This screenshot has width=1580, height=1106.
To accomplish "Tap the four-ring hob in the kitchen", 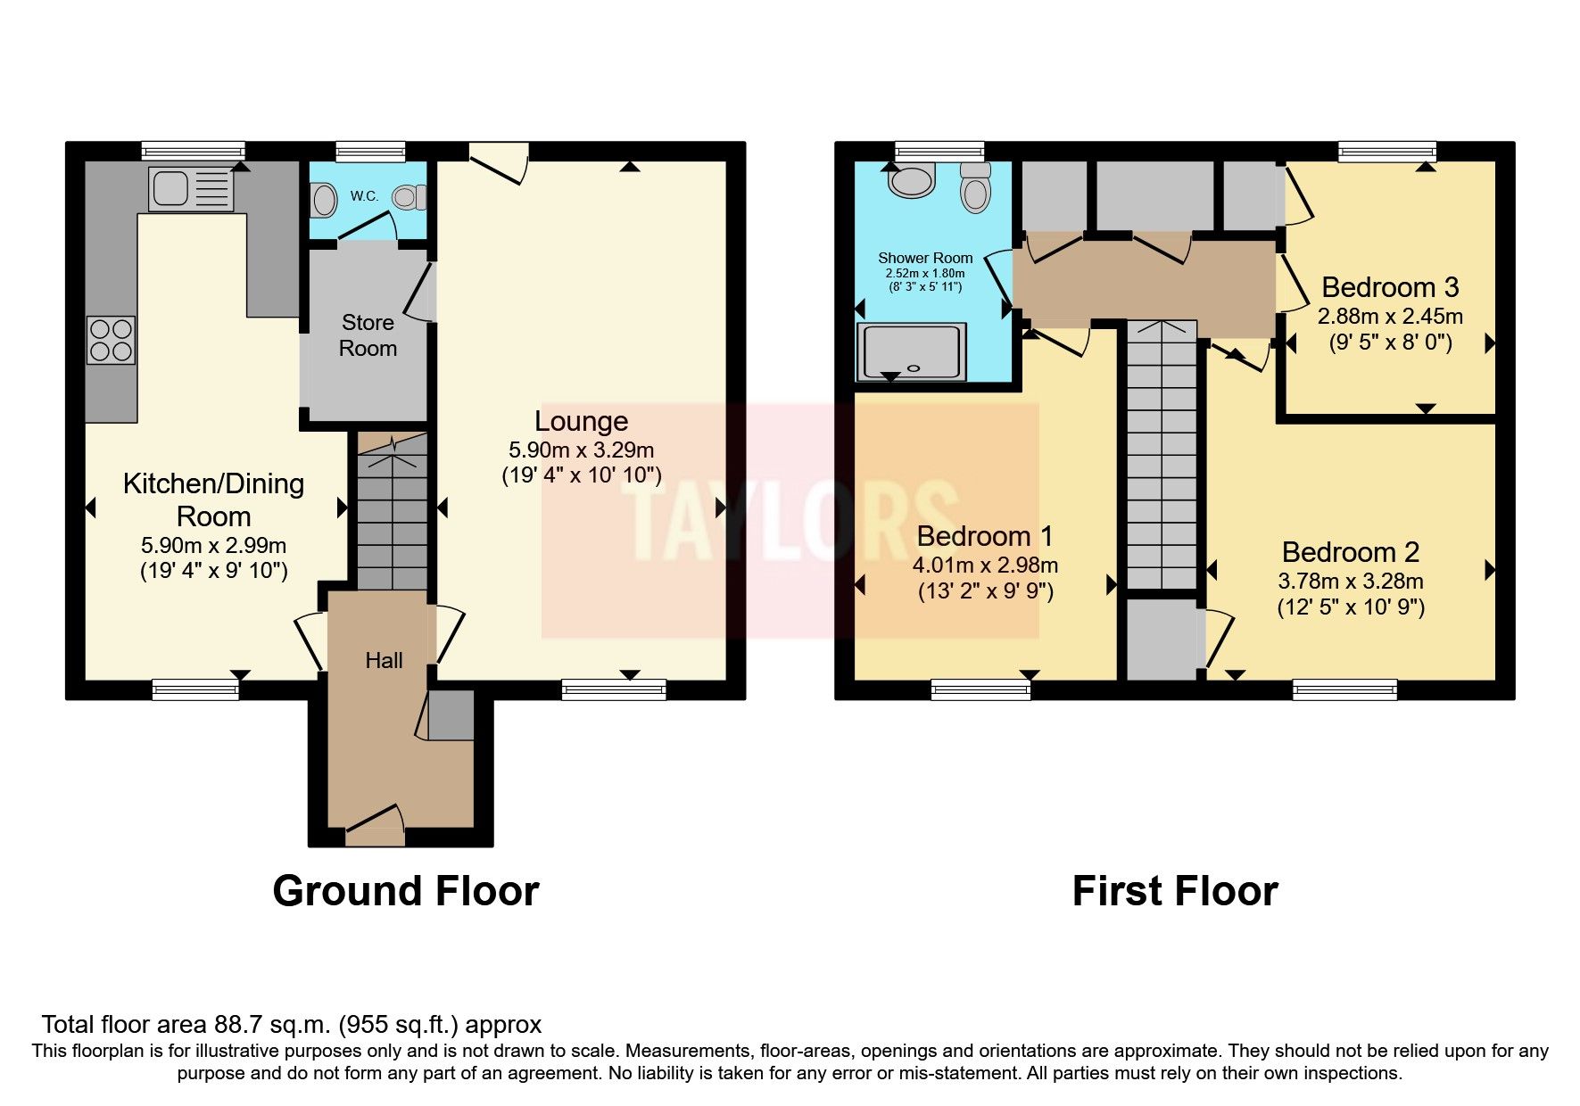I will pyautogui.click(x=112, y=340).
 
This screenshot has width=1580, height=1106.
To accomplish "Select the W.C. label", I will pyautogui.click(x=364, y=196).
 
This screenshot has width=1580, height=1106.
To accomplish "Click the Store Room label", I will pyautogui.click(x=368, y=335).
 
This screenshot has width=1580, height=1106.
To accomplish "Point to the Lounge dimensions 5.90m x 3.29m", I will pyautogui.click(x=581, y=450).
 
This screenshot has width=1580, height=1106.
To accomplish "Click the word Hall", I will pyautogui.click(x=384, y=660).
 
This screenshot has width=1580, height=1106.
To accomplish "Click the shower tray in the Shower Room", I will pyautogui.click(x=911, y=351).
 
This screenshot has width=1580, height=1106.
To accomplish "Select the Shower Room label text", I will pyautogui.click(x=925, y=258).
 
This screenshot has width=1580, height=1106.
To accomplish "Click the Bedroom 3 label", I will pyautogui.click(x=1389, y=287).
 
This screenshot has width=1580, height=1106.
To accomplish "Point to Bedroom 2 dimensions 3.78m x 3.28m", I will pyautogui.click(x=1351, y=582).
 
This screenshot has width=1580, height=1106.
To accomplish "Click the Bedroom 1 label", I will pyautogui.click(x=985, y=536).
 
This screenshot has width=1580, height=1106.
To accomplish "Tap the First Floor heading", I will pyautogui.click(x=1174, y=891).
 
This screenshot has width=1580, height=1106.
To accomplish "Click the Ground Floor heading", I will pyautogui.click(x=405, y=891).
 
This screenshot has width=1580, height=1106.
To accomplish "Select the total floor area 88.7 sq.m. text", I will pyautogui.click(x=291, y=1025).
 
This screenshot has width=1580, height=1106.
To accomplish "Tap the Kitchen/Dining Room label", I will pyautogui.click(x=213, y=499).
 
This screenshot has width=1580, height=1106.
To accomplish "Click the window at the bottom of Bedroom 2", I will pyautogui.click(x=1344, y=689).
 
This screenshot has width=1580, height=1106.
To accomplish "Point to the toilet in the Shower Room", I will pyautogui.click(x=976, y=188).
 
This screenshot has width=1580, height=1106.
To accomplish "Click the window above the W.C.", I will pyautogui.click(x=370, y=152).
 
